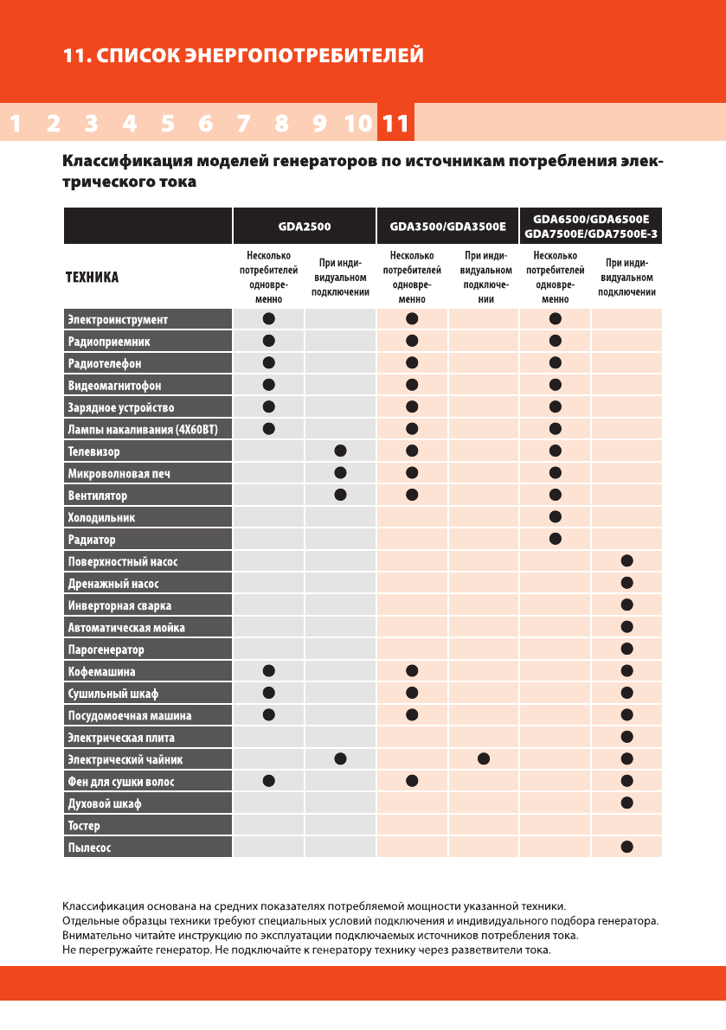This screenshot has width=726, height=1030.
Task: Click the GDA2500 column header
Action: (x=304, y=227)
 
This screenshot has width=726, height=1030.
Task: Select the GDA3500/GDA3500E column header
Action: (x=447, y=227)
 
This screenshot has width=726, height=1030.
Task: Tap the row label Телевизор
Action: (x=93, y=451)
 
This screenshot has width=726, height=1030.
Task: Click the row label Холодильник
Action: (x=101, y=518)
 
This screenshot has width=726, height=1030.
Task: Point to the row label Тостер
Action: (x=84, y=826)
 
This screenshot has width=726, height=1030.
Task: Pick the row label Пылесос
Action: (x=89, y=848)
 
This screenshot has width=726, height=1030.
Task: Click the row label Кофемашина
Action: (x=101, y=672)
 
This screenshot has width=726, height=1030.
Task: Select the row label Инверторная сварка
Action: (x=119, y=606)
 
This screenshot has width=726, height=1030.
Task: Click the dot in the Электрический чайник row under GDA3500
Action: (x=484, y=759)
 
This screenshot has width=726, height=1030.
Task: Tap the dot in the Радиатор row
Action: (x=556, y=540)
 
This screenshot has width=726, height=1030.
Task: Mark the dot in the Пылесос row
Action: (x=627, y=848)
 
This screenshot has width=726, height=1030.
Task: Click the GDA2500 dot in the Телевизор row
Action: (x=340, y=451)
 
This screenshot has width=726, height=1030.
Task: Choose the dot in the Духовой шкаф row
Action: (x=627, y=803)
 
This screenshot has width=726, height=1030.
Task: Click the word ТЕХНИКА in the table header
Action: (x=93, y=278)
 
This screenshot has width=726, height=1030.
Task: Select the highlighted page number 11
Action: (x=395, y=124)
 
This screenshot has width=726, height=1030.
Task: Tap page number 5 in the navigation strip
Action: (x=167, y=124)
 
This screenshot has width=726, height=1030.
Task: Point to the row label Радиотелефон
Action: (x=104, y=363)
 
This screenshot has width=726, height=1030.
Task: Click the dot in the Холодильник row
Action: (x=556, y=517)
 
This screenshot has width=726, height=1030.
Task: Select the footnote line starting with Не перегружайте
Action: (x=307, y=950)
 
